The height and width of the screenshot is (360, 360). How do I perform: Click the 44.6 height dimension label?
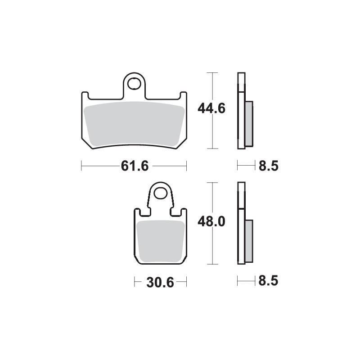(211, 108)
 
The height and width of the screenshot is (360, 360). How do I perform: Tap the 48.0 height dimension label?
(211, 222)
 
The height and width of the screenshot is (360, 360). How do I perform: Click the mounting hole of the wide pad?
(134, 84)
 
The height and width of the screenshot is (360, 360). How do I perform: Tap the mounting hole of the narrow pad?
(160, 193)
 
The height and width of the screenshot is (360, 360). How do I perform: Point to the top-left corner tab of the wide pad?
(85, 95)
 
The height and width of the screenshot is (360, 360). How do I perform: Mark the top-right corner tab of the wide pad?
(183, 95)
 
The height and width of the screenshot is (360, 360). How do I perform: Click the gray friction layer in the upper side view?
(249, 124)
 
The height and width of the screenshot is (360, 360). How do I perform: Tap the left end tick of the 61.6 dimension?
(81, 166)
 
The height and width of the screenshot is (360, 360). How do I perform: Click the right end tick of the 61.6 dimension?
(186, 166)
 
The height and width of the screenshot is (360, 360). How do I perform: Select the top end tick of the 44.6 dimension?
(211, 72)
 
